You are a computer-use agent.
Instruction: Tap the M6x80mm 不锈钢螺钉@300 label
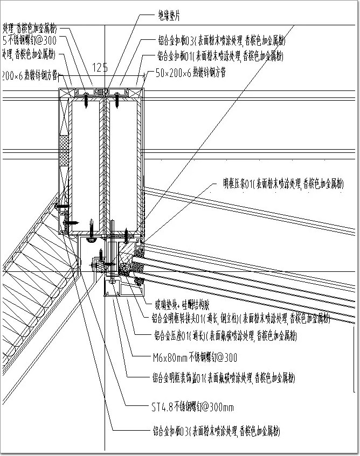tap(195, 356)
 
